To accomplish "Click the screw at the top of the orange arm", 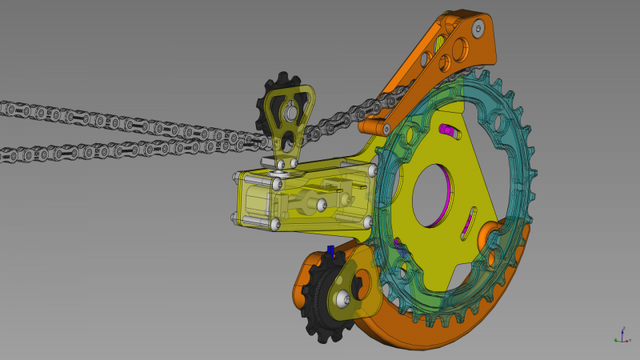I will point(478,29).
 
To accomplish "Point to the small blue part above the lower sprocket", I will point(330,250).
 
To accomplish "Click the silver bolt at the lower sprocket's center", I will point(343,300).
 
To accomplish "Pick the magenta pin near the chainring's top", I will point(449,130).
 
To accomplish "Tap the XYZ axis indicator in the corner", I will point(619,336).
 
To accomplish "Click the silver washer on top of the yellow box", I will point(281,169).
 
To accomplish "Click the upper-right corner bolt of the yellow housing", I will point(372,170).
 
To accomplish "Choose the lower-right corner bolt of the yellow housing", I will point(367,222).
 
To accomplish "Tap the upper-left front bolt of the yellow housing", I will point(277,184).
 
